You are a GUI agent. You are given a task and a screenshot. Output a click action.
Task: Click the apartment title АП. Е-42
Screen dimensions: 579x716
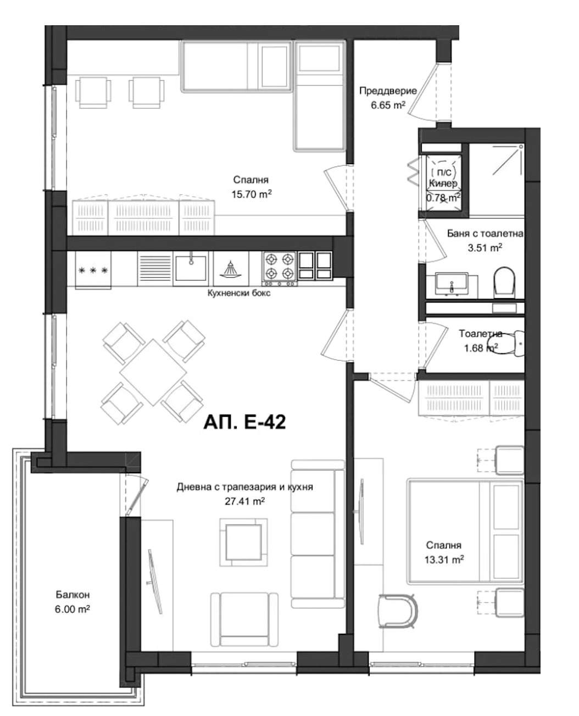pyautogui.click(x=244, y=422)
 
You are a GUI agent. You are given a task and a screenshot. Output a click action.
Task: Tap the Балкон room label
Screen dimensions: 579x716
pyautogui.click(x=73, y=595)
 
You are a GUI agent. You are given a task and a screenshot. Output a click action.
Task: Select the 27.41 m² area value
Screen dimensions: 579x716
pyautogui.click(x=244, y=501)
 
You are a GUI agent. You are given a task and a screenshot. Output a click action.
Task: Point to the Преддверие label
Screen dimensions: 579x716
pyautogui.click(x=388, y=91)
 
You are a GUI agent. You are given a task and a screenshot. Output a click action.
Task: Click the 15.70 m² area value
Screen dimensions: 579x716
pyautogui.click(x=252, y=194)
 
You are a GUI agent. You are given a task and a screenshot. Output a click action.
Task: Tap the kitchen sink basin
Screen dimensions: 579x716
pyautogui.click(x=191, y=268)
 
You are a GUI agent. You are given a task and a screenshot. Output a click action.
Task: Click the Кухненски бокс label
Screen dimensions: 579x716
pyautogui.click(x=239, y=293)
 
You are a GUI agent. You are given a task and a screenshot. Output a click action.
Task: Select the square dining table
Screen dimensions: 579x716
pyautogui.click(x=153, y=372)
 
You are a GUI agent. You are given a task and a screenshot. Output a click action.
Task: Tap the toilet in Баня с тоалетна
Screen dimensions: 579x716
pyautogui.click(x=504, y=282)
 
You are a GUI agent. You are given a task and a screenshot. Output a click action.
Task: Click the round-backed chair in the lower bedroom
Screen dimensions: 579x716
pyautogui.click(x=398, y=611)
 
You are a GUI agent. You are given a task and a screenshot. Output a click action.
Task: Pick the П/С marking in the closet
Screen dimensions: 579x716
pyautogui.click(x=444, y=172)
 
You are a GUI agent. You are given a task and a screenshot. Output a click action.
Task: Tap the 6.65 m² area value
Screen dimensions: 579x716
pyautogui.click(x=388, y=105)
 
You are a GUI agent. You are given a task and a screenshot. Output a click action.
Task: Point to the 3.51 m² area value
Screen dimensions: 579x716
pyautogui.click(x=485, y=248)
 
